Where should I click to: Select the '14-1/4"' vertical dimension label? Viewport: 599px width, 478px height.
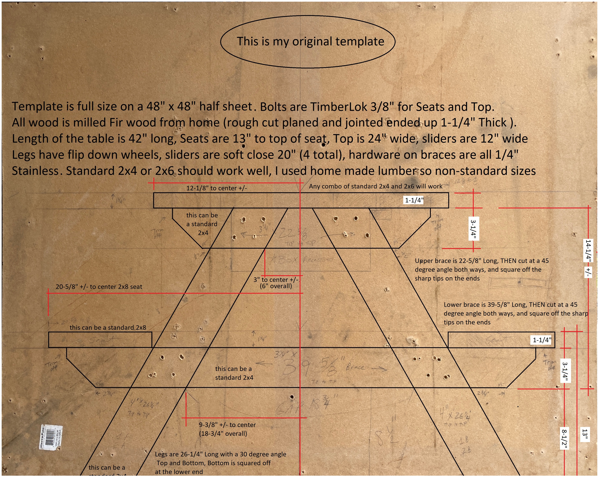[x=588, y=250]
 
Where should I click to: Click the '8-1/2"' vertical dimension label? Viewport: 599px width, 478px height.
[x=564, y=439]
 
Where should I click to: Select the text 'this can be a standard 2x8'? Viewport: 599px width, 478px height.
[x=108, y=327]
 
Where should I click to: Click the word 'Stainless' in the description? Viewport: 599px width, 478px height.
[x=35, y=171]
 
